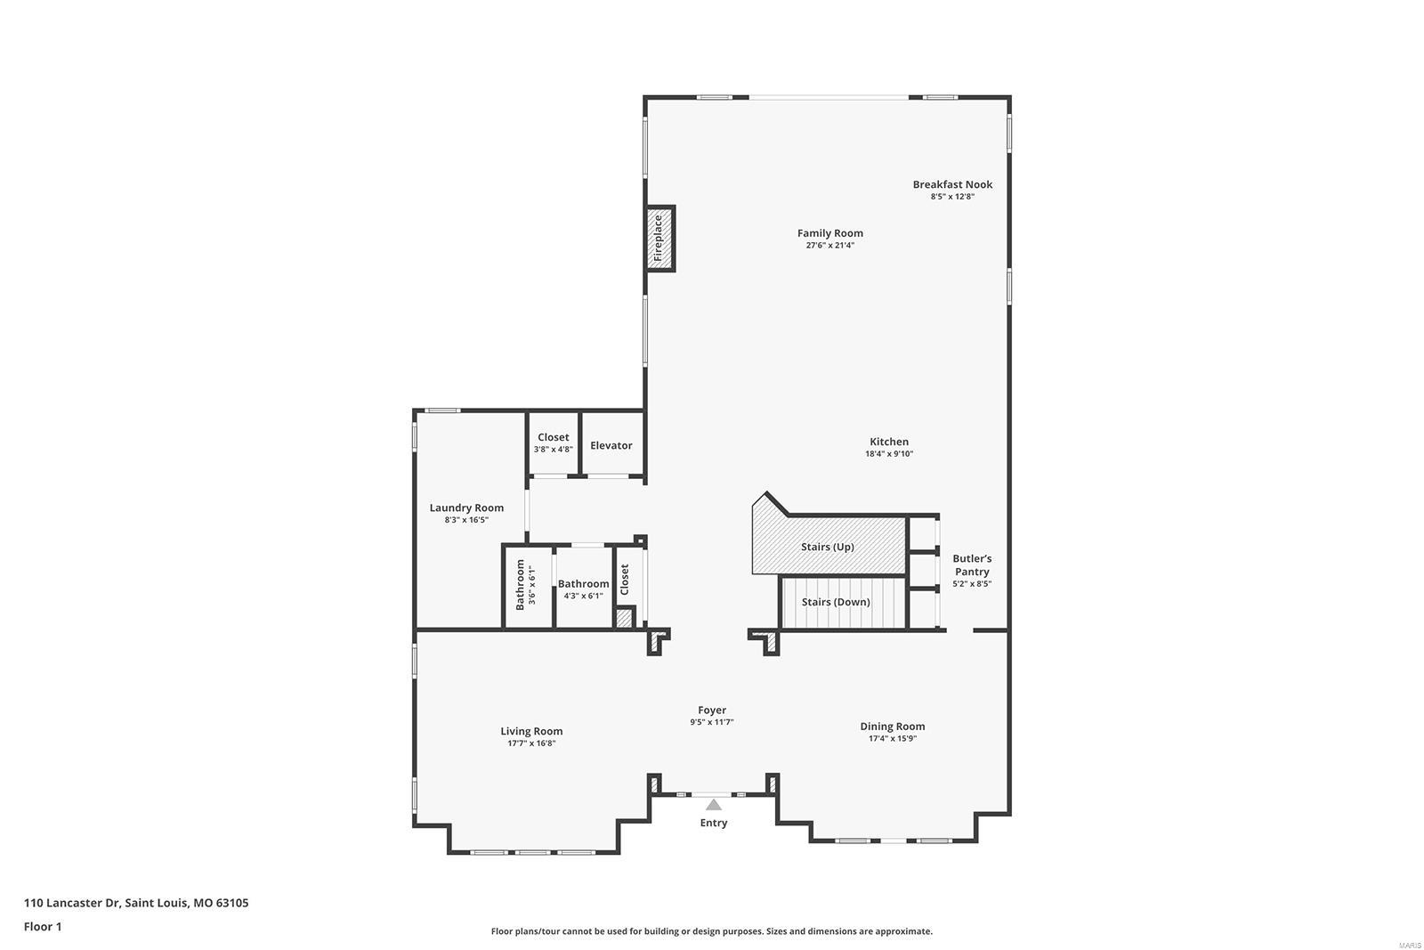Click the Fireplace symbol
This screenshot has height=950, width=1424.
coord(659,239)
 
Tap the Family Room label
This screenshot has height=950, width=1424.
coord(829,233)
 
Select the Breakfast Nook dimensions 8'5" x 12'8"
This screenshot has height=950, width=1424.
coord(952,197)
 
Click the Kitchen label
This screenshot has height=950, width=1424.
coord(889,442)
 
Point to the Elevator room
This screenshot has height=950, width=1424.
coord(611,445)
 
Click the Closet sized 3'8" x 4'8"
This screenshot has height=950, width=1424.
coord(553,443)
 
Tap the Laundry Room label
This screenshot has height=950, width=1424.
coord(466,507)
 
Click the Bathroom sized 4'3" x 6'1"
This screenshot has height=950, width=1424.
coord(583,589)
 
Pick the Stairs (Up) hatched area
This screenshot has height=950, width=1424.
coord(827,547)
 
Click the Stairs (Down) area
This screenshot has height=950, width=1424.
coord(836,602)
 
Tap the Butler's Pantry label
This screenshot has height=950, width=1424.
coord(972,565)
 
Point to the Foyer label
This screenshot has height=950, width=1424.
coord(712,710)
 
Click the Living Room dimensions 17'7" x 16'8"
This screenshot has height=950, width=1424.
coord(531,743)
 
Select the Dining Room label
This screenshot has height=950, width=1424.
coord(892,727)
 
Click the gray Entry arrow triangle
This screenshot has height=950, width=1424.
coord(714,805)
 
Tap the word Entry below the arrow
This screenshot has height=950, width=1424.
coord(714,823)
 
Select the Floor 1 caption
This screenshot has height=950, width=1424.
coord(43,927)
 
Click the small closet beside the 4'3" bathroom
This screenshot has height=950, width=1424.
coord(625,580)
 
